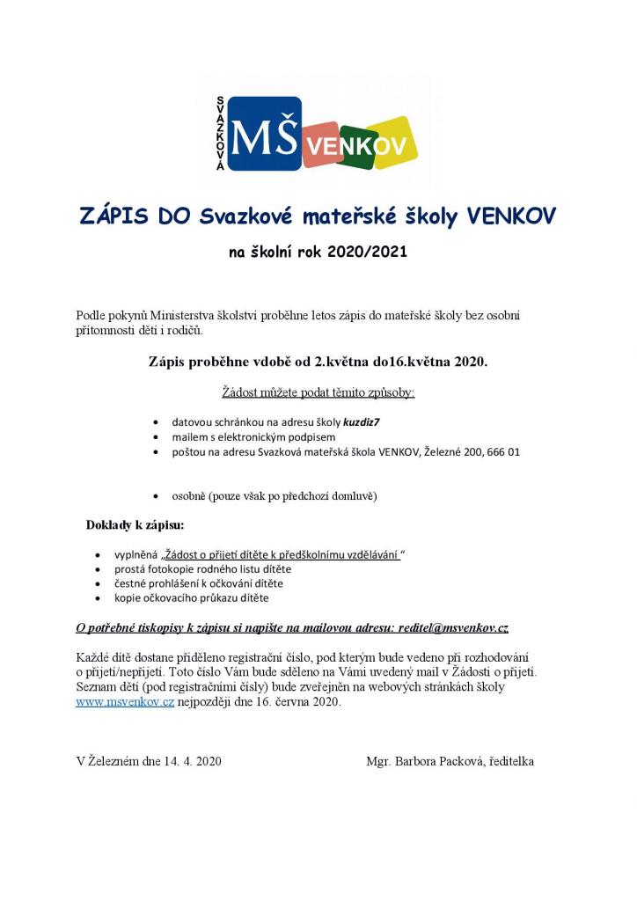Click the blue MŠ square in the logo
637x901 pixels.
pyautogui.click(x=265, y=133)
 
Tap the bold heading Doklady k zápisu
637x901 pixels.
pyautogui.click(x=135, y=525)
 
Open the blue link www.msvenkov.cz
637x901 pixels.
pyautogui.click(x=125, y=702)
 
